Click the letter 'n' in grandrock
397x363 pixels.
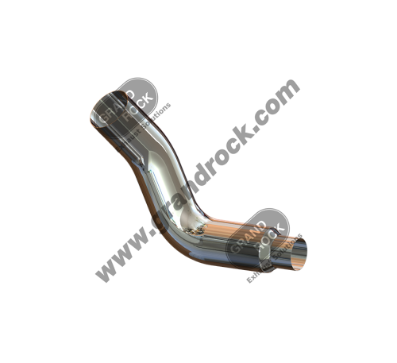184,191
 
